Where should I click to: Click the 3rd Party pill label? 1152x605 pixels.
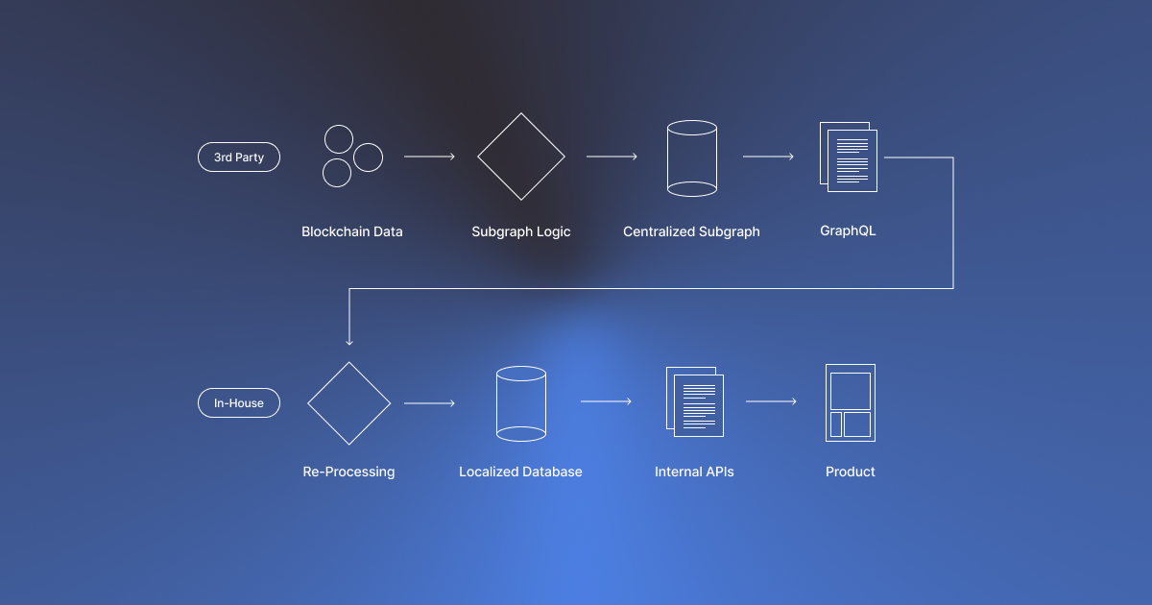(238, 157)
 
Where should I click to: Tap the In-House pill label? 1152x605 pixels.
(238, 403)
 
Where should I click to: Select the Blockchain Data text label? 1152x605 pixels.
(351, 231)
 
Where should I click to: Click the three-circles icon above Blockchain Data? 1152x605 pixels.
(350, 157)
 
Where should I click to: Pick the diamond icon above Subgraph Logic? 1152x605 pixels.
(521, 157)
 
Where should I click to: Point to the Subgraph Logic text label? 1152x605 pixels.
(521, 231)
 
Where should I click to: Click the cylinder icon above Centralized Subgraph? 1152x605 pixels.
(692, 158)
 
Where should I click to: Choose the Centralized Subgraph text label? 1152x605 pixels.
(691, 231)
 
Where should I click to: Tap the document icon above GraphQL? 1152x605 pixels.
(847, 156)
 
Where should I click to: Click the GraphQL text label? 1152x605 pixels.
(848, 231)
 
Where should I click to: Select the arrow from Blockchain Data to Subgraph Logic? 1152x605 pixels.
(429, 157)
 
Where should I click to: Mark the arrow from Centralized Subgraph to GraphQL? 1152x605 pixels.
(768, 157)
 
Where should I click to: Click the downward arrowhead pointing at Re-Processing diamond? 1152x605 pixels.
(349, 340)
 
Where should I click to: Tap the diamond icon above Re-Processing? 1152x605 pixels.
(349, 403)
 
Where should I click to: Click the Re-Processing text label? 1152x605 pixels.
(348, 472)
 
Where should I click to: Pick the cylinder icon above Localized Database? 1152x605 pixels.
(521, 404)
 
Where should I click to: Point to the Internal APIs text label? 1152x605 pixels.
(694, 472)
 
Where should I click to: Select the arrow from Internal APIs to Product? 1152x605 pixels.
(771, 401)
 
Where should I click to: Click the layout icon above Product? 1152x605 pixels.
(851, 402)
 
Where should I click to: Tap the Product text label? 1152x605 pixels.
(851, 472)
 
